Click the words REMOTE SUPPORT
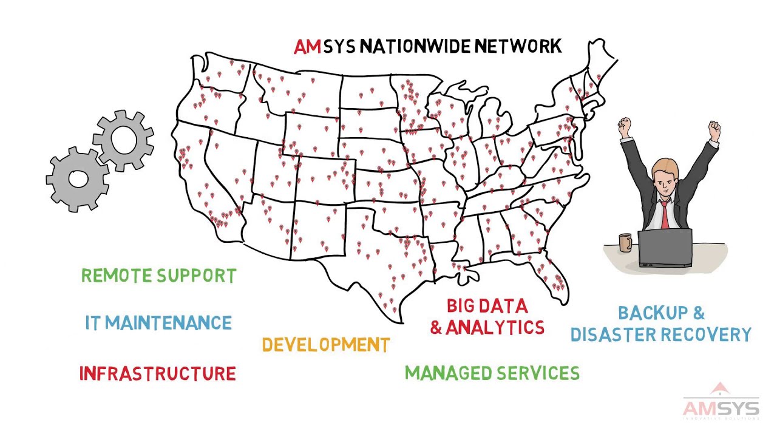pyautogui.click(x=158, y=276)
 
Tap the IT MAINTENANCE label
pyautogui.click(x=158, y=322)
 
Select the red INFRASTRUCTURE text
pyautogui.click(x=157, y=373)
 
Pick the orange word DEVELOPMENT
pyautogui.click(x=325, y=345)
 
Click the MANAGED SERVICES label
pyautogui.click(x=492, y=373)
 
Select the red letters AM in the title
pyautogui.click(x=307, y=47)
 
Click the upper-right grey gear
pyautogui.click(x=124, y=140)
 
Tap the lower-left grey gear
pyautogui.click(x=78, y=179)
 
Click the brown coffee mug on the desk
pyautogui.click(x=625, y=242)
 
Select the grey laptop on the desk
pyautogui.click(x=665, y=248)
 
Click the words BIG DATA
pyautogui.click(x=487, y=305)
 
